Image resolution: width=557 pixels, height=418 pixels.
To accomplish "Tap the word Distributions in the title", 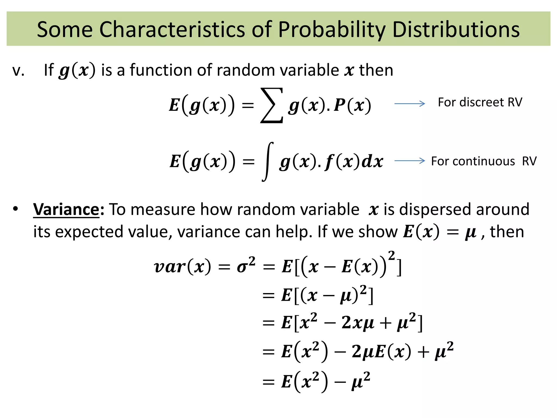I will [456, 29].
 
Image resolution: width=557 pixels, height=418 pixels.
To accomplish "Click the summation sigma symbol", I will [272, 105].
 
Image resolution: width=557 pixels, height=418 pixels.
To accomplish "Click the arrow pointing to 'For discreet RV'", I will [410, 104].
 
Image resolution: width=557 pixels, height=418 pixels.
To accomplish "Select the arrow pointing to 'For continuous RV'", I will [410, 161].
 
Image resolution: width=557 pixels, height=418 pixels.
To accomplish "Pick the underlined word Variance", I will [66, 210].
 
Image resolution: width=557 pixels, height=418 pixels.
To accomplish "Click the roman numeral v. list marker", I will [18, 70].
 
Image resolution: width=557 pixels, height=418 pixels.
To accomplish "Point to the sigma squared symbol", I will [246, 265].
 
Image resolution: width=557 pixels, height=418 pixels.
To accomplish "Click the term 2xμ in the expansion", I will [358, 323].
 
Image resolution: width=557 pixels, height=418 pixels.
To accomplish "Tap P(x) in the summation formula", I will [352, 105].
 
